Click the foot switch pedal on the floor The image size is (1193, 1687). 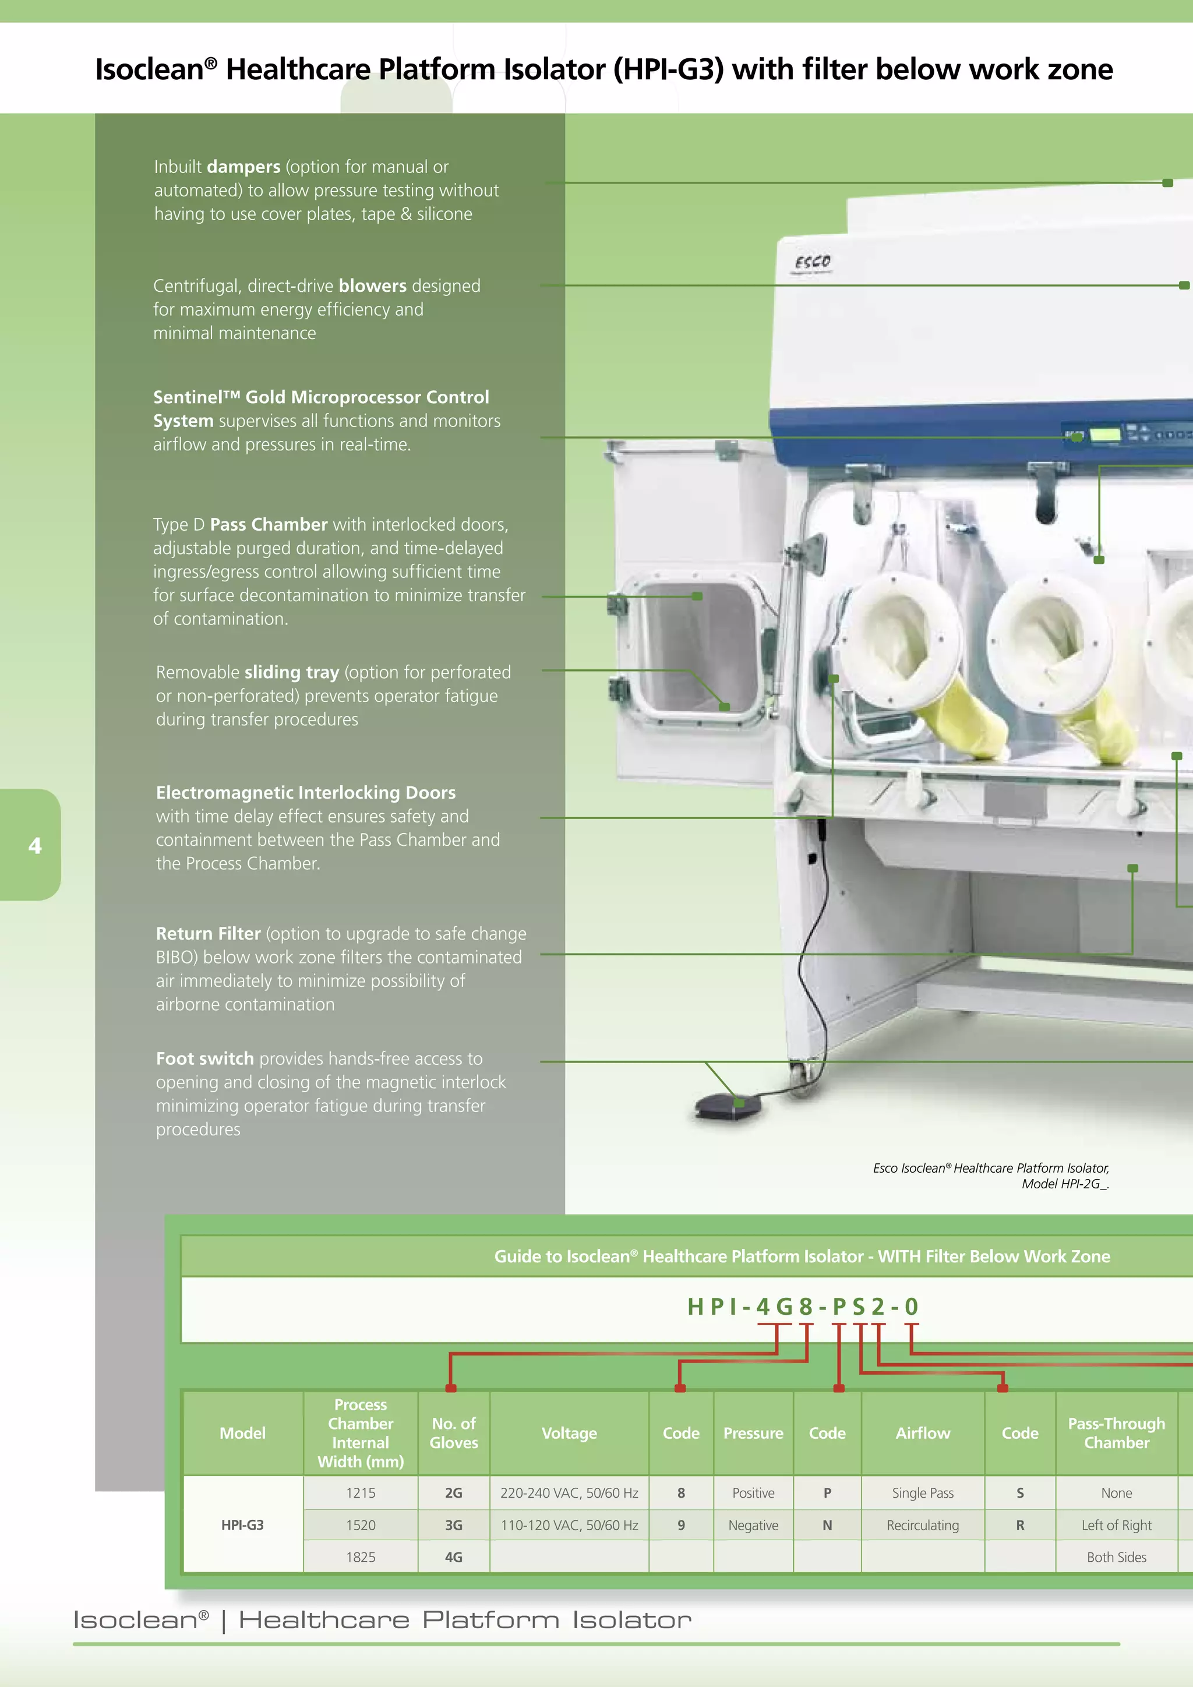click(x=727, y=1106)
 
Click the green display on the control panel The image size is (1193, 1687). click(x=1104, y=434)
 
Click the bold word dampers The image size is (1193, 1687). click(x=243, y=167)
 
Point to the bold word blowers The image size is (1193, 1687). click(x=372, y=286)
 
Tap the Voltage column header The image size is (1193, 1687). click(x=569, y=1433)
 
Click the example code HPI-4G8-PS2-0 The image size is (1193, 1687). click(x=802, y=1307)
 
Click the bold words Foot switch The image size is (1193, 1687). click(x=204, y=1059)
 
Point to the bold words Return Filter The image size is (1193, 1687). click(x=208, y=934)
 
